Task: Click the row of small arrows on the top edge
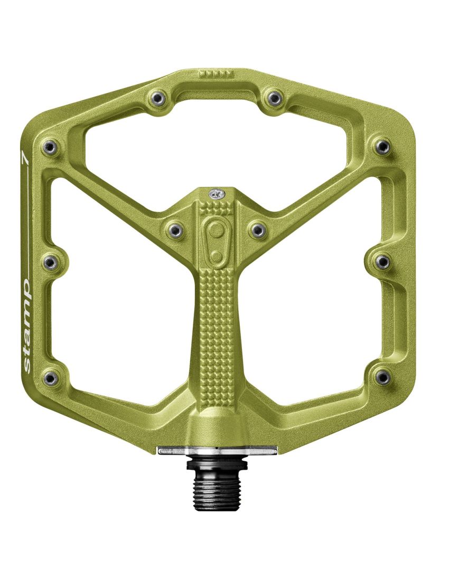coord(217,73)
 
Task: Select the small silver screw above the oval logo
coord(215,194)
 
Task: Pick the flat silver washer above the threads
coord(217,450)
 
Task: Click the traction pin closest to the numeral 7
coord(50,146)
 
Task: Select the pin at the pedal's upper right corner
coord(382,146)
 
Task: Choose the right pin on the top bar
coord(274,97)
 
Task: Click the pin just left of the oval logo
coord(174,229)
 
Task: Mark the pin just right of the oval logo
coord(257,229)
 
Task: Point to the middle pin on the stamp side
coord(51,262)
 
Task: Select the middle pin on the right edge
coord(382,262)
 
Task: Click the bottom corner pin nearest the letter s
coord(51,377)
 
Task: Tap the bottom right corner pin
coord(382,377)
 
